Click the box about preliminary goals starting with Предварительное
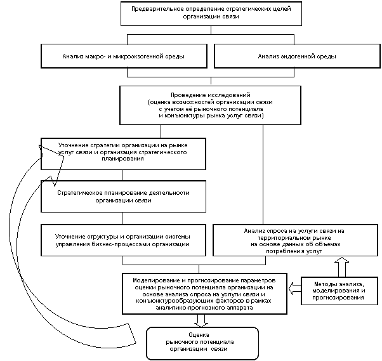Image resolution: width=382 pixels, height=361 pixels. pos(211,13)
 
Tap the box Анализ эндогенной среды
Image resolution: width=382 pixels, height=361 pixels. pos(296,56)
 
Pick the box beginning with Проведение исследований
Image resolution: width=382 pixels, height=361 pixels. pos(211,105)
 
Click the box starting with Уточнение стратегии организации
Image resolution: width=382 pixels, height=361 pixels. pos(123,154)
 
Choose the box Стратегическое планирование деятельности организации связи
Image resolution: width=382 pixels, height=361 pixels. pos(123,196)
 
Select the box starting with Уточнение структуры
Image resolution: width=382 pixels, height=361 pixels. pos(123,240)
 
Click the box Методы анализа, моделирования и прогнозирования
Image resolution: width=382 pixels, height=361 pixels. pos(339,291)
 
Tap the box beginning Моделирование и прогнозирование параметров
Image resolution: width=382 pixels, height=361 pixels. pos(204,293)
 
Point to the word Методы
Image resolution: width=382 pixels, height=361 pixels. pos(325,284)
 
